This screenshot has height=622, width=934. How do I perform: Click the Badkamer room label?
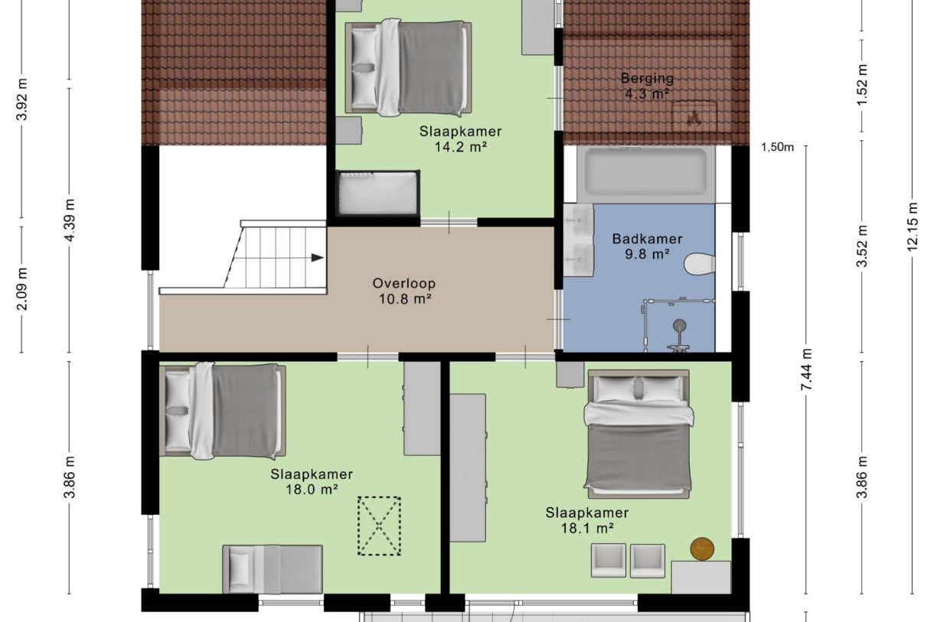point(648,239)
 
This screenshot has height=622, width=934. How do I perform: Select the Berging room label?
point(648,78)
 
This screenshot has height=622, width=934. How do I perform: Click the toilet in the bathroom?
point(700,264)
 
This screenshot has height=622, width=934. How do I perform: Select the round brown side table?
point(702,548)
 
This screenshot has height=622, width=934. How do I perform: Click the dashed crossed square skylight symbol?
point(379,526)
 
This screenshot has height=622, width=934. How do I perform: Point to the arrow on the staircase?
point(317,258)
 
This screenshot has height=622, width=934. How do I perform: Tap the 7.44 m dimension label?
point(806,371)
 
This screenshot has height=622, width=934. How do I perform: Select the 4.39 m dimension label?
point(70,220)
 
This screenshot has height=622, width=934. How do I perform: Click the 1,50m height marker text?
point(778,148)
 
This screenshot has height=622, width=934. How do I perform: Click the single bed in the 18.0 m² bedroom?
point(273,568)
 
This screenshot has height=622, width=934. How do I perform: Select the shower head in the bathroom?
point(678,327)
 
